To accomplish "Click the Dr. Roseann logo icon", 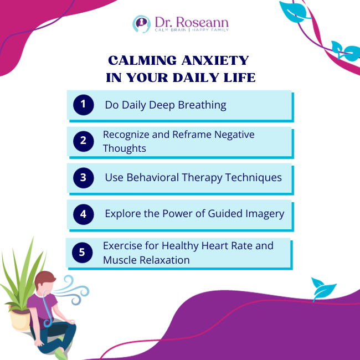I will (x=141, y=24).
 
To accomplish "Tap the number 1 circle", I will (x=83, y=105).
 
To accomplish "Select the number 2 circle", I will (x=83, y=141).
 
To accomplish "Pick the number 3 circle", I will (x=83, y=178).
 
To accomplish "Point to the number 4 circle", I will (x=83, y=214).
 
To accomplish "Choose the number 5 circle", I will (x=82, y=253).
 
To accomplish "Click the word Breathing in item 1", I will (x=202, y=105).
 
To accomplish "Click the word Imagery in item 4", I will (x=262, y=214).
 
